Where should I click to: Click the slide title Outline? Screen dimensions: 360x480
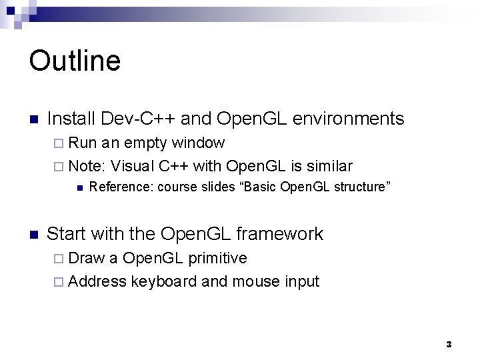(75, 61)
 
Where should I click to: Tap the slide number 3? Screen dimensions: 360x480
(449, 345)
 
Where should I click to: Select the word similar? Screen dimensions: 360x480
(329, 165)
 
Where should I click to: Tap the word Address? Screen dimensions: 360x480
(97, 281)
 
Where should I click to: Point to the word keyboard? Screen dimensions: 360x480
(164, 281)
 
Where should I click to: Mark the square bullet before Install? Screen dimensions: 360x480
(34, 120)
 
